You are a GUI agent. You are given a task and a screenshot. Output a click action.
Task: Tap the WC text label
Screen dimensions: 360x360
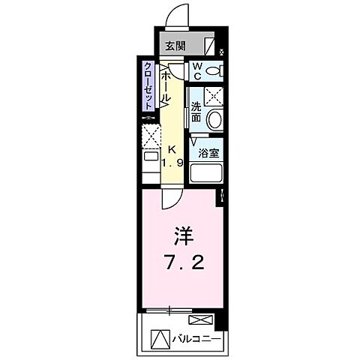pos(196,71)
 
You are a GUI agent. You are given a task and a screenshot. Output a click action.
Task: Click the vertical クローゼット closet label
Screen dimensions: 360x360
pos(149,85)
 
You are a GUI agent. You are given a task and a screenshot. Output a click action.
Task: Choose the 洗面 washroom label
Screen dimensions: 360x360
pos(196,112)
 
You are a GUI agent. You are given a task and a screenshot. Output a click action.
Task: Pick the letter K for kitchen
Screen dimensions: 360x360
pos(172,148)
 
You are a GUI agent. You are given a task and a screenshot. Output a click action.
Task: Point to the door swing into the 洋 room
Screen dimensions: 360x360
pos(171,197)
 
